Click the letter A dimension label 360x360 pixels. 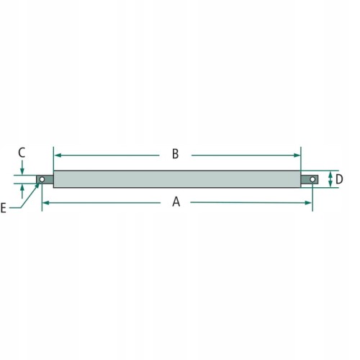click(x=176, y=202)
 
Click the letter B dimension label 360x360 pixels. click(x=176, y=154)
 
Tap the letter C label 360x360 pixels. click(x=22, y=153)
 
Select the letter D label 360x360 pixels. click(x=339, y=179)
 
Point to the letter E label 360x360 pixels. click(x=3, y=208)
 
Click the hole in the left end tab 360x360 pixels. click(x=42, y=179)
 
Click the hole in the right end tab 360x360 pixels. click(x=312, y=179)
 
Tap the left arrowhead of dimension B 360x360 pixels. click(x=58, y=156)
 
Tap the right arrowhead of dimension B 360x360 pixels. click(x=297, y=156)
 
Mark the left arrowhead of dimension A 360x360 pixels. click(x=46, y=203)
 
